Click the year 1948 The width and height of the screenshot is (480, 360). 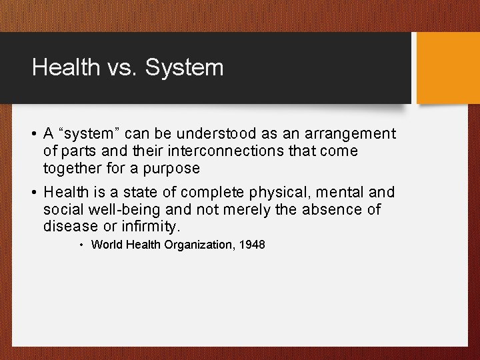pyautogui.click(x=251, y=245)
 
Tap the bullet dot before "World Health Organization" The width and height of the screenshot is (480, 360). pyautogui.click(x=81, y=245)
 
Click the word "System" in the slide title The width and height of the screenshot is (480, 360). pyautogui.click(x=184, y=67)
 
